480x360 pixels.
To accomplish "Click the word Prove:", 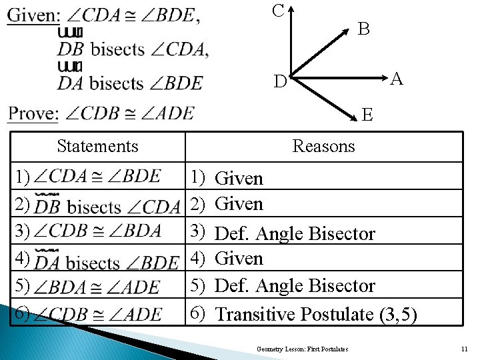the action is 33,113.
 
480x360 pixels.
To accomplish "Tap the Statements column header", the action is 97,146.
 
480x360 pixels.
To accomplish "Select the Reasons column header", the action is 323,146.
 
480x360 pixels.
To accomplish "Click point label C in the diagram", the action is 279,11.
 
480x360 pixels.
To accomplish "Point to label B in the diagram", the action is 363,29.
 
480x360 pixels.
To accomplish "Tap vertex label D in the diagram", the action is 280,82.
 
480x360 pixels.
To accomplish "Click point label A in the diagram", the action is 397,79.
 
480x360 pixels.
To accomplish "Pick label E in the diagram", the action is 367,115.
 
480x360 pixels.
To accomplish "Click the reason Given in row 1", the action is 239,178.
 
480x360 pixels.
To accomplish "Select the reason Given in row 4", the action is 239,258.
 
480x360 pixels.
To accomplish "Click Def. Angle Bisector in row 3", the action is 295,233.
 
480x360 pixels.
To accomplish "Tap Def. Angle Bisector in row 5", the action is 295,285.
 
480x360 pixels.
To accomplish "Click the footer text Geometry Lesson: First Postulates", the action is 303,349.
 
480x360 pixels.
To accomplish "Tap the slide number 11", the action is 464,349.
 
